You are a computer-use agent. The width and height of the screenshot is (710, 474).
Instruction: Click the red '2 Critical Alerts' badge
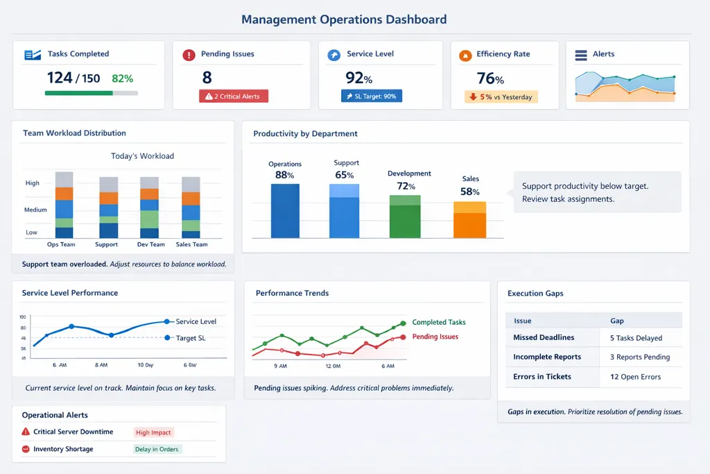pyautogui.click(x=233, y=96)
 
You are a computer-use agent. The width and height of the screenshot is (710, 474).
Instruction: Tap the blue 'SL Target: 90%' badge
pyautogui.click(x=372, y=96)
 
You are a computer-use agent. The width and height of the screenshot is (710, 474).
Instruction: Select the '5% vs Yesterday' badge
pyautogui.click(x=501, y=97)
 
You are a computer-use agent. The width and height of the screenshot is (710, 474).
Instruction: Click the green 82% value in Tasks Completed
pyautogui.click(x=123, y=79)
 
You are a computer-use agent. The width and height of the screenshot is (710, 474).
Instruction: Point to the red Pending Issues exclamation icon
pyautogui.click(x=189, y=55)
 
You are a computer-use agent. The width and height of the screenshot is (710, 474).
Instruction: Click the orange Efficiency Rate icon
pyautogui.click(x=465, y=55)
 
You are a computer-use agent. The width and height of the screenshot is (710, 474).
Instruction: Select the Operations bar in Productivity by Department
pyautogui.click(x=285, y=211)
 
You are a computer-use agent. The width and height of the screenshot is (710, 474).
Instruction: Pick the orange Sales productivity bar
pyautogui.click(x=469, y=220)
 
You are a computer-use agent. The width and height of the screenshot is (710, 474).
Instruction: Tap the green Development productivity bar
pyautogui.click(x=405, y=217)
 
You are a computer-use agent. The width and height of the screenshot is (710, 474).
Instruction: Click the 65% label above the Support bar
pyautogui.click(x=345, y=176)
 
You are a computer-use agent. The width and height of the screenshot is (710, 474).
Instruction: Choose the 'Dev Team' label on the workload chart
pyautogui.click(x=150, y=244)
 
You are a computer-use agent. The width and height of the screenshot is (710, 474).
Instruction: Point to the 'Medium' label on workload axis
pyautogui.click(x=36, y=210)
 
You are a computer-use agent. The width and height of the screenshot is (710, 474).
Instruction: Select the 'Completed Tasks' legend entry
pyautogui.click(x=438, y=322)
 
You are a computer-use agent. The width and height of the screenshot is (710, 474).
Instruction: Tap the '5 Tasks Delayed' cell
pyautogui.click(x=636, y=338)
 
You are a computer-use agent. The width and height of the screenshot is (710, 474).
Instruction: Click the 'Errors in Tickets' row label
pyautogui.click(x=542, y=377)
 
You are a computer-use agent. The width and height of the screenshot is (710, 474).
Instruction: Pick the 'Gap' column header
pyautogui.click(x=616, y=321)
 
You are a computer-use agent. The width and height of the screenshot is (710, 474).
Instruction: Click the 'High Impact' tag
pyautogui.click(x=153, y=432)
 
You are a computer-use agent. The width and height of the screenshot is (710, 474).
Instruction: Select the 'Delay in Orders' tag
pyautogui.click(x=157, y=449)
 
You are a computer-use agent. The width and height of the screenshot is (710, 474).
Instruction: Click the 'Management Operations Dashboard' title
pyautogui.click(x=344, y=19)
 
